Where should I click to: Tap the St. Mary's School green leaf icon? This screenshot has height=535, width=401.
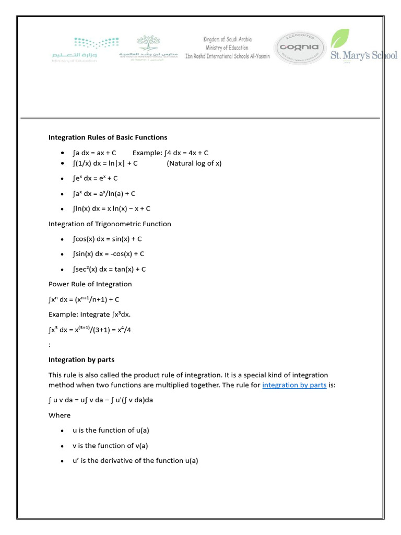[x=340, y=39]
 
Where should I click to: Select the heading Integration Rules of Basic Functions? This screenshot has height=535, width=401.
[x=108, y=137]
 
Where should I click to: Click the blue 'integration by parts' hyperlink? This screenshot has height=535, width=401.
[x=294, y=385]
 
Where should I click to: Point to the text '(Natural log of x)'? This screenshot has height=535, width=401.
[x=194, y=164]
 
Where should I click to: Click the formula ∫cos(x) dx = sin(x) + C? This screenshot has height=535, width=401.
[x=108, y=239]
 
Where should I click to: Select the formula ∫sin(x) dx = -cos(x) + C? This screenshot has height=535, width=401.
[x=109, y=254]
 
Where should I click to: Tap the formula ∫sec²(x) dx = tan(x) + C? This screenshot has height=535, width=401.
[x=109, y=269]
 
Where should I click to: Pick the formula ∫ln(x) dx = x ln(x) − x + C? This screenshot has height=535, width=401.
[x=112, y=208]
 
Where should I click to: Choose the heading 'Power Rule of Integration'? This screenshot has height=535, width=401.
[x=90, y=284]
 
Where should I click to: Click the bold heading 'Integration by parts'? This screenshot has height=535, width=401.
[x=81, y=359]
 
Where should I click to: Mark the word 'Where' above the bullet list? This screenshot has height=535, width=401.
[x=60, y=415]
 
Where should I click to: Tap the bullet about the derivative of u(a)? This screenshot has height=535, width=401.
[x=135, y=461]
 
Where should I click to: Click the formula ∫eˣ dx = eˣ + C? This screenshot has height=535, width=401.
[x=96, y=178]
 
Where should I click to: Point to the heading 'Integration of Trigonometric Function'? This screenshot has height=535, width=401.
[x=110, y=224]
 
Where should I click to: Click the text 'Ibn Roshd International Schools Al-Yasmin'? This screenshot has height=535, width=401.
[x=228, y=56]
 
